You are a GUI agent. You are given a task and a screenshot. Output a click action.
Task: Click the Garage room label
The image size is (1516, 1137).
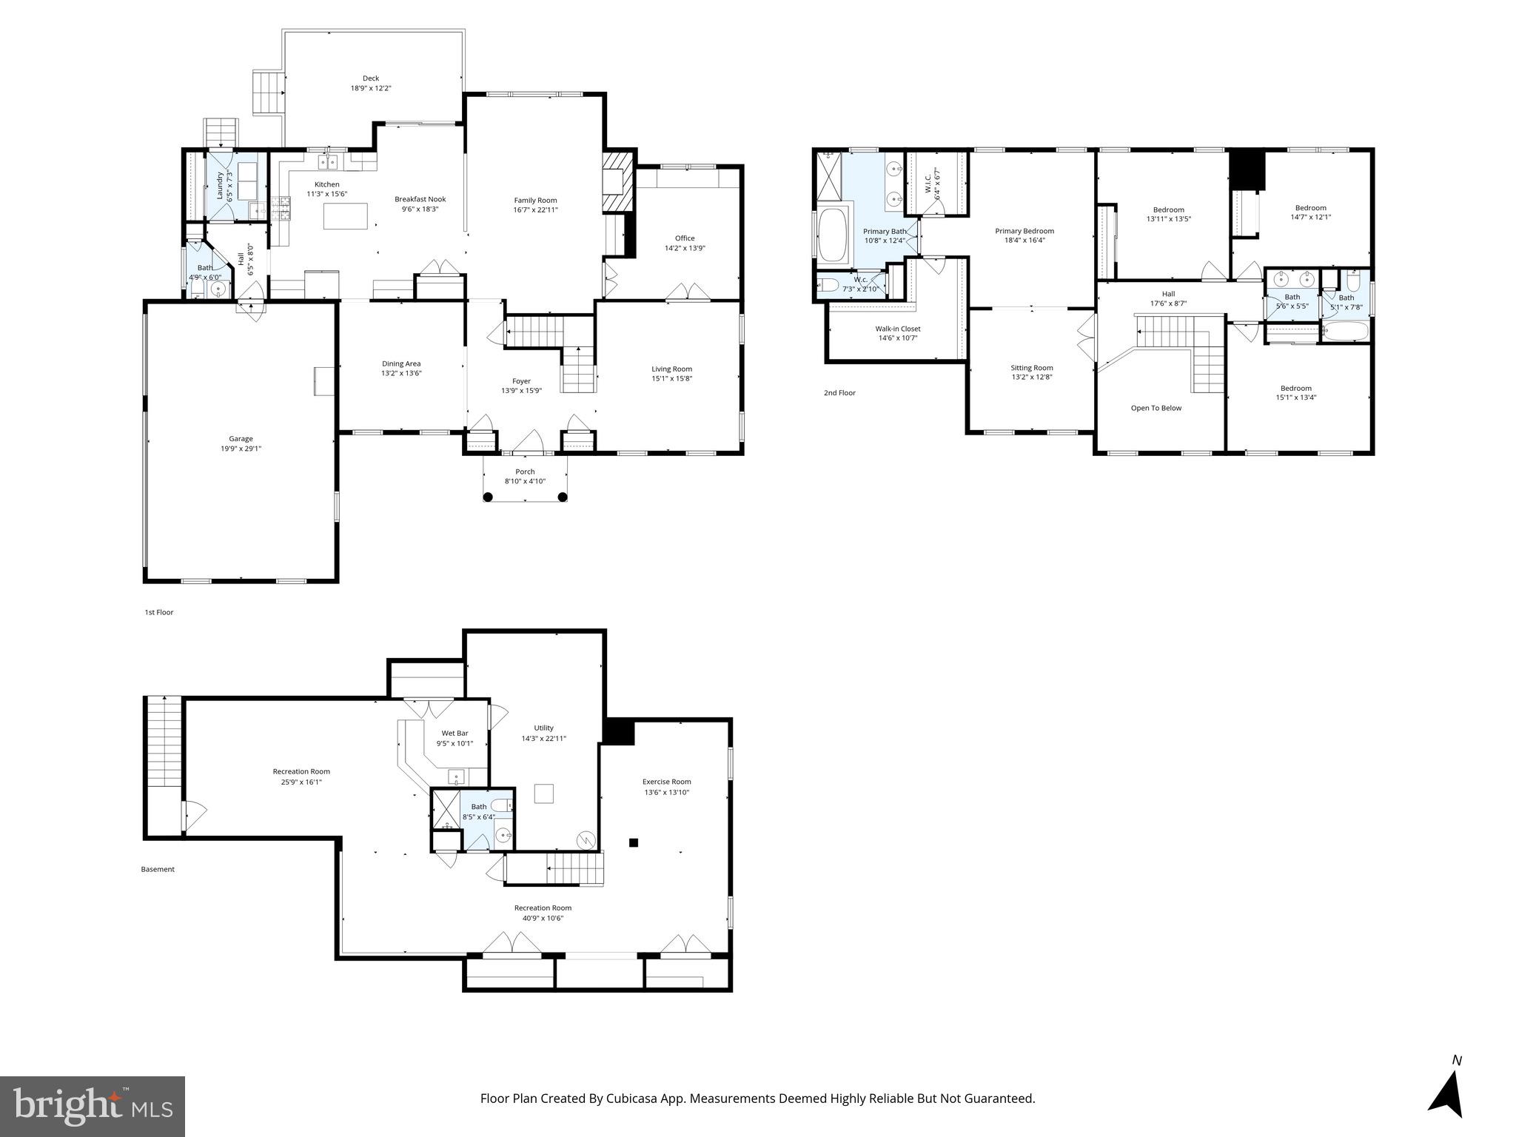coord(241,439)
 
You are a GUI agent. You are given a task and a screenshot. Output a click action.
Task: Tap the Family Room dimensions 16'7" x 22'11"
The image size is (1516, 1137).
coord(535,210)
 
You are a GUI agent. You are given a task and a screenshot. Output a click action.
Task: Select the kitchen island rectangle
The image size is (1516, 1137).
coord(346,216)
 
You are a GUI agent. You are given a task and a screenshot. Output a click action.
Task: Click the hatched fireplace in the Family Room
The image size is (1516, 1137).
coord(617,183)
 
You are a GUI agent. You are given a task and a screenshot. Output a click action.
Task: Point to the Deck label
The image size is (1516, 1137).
coord(371,78)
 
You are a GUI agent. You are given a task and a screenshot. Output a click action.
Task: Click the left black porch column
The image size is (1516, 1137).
coord(488,497)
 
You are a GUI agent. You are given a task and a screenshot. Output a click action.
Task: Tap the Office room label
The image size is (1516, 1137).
coord(685,238)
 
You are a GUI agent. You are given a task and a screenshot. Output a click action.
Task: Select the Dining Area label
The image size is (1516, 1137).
coord(401,363)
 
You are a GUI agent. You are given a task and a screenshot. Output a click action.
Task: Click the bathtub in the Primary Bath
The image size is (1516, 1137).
coord(834,236)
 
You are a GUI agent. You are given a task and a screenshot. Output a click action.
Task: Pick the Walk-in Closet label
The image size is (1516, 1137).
coord(898,329)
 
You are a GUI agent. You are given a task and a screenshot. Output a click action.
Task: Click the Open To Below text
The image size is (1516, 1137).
coord(1156,408)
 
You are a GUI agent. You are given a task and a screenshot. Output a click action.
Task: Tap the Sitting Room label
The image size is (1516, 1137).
coord(1032,368)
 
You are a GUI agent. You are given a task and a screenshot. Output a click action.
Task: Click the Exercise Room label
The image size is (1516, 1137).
coord(666,782)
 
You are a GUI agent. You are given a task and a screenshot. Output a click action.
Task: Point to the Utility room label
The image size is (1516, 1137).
coord(543,728)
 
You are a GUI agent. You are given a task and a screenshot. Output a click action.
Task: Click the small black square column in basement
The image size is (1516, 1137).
coord(634,842)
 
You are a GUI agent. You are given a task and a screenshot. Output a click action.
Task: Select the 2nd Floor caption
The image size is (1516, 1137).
coord(839,393)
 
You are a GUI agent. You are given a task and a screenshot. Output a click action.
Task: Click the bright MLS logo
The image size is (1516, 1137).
coord(93,1106)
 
